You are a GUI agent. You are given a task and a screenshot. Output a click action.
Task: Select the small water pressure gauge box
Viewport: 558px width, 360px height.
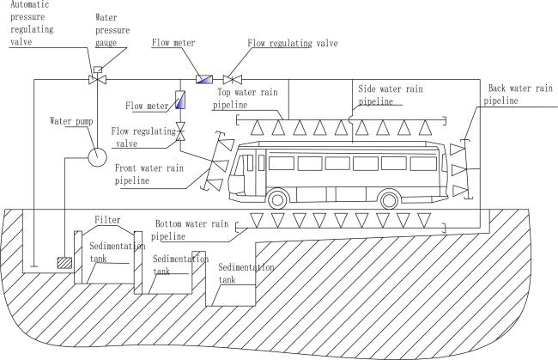[x=97, y=69]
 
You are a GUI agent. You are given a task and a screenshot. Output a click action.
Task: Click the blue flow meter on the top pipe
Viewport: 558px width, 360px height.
[x=204, y=80]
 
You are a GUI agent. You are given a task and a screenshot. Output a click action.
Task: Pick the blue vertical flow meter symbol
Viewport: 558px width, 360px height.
[x=181, y=100]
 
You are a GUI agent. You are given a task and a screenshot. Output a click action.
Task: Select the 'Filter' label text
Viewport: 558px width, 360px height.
[x=108, y=220]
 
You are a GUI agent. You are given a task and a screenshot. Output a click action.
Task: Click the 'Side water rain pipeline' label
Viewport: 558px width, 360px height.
[x=392, y=94]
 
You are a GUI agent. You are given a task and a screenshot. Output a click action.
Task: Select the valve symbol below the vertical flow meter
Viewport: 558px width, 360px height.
[x=181, y=130]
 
